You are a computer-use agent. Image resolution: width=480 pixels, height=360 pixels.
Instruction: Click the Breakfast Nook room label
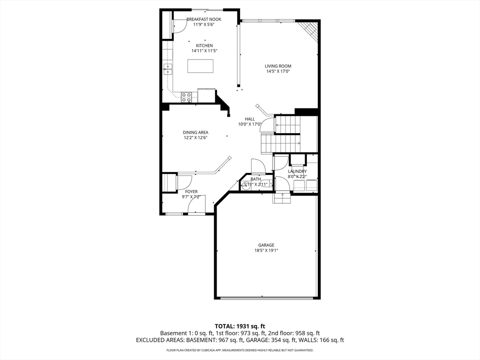tap(203, 19)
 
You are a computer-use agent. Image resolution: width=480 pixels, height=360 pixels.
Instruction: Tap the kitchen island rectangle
tap(200, 66)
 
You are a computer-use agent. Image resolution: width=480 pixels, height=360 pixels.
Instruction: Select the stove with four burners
tap(186, 97)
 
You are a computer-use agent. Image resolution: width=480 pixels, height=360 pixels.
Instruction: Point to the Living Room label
tap(278, 66)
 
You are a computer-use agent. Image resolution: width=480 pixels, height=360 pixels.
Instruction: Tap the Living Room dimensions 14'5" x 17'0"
tap(278, 72)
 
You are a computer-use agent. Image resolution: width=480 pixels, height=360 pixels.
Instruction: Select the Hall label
tap(249, 119)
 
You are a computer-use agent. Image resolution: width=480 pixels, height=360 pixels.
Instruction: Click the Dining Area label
tap(195, 132)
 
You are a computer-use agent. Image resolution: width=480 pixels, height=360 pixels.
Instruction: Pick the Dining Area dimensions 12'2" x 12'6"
tap(195, 138)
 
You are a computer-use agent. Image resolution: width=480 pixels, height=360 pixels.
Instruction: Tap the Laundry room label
tap(297, 172)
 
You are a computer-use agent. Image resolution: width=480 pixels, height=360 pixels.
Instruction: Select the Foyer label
tap(191, 192)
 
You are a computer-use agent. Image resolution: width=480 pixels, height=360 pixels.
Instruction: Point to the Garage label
tap(266, 245)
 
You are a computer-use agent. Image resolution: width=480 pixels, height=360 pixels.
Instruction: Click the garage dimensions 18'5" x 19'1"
tap(266, 250)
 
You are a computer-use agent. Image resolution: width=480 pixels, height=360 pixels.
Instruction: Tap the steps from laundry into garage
tap(282, 199)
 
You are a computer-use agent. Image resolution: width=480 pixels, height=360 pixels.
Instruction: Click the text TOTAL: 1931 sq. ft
tap(240, 326)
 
